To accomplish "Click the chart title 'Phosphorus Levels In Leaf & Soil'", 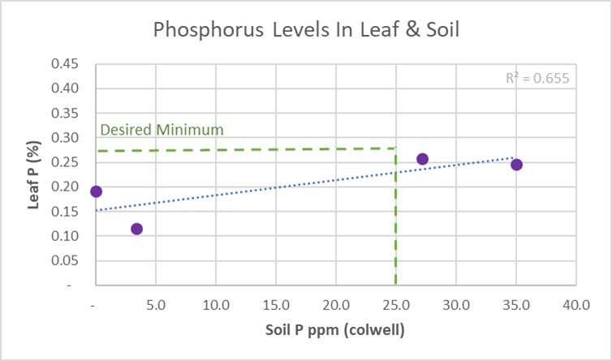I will click(306, 32).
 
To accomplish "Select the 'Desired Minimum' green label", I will click(162, 130).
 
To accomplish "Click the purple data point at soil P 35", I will click(516, 165).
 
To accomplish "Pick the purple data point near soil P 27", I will click(422, 159).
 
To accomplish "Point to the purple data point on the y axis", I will click(96, 191).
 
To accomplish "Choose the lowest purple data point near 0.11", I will click(136, 229).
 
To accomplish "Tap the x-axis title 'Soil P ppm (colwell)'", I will click(335, 331).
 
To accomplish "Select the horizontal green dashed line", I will click(244, 149).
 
